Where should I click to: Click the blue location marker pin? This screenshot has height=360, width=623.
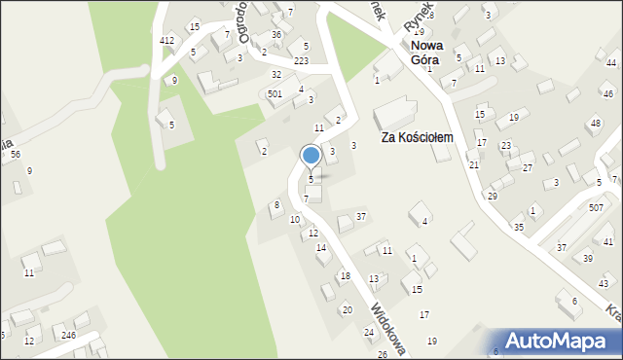tap(311, 156)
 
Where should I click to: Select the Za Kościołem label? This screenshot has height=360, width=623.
tap(418, 138)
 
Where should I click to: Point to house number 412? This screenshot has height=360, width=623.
tap(167, 40)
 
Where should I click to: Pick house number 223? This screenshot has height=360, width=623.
tap(302, 60)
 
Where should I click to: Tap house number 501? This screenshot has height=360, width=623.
tap(275, 94)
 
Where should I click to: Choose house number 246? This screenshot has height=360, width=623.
tap(68, 335)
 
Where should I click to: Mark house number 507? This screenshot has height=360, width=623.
tap(595, 208)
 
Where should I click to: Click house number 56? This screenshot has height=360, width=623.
tap(15, 155)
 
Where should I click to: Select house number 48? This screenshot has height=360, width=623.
tap(595, 124)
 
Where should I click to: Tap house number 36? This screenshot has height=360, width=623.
tap(276, 35)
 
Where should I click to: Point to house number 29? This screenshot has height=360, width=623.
tap(493, 196)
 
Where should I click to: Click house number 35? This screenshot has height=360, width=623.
tap(519, 227)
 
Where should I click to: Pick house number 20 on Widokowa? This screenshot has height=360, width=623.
tap(347, 309)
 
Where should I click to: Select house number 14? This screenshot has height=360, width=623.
tap(321, 248)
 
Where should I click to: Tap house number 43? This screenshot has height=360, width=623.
tap(604, 283)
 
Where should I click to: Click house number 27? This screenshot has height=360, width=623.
tap(527, 167)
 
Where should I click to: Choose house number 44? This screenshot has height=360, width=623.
tap(598, 62)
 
